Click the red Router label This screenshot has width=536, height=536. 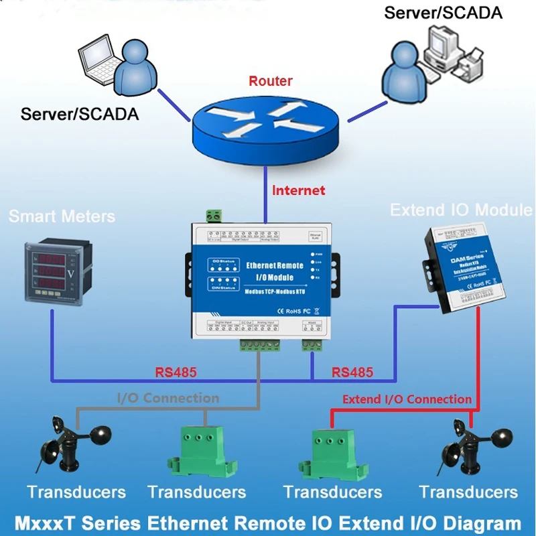point(271,81)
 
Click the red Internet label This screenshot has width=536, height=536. point(298,190)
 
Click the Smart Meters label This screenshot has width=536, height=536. point(62,216)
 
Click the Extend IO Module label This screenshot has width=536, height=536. point(462,210)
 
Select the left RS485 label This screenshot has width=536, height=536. point(176,372)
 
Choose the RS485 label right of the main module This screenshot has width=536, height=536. point(353,372)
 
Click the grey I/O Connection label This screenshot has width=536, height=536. point(168,398)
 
